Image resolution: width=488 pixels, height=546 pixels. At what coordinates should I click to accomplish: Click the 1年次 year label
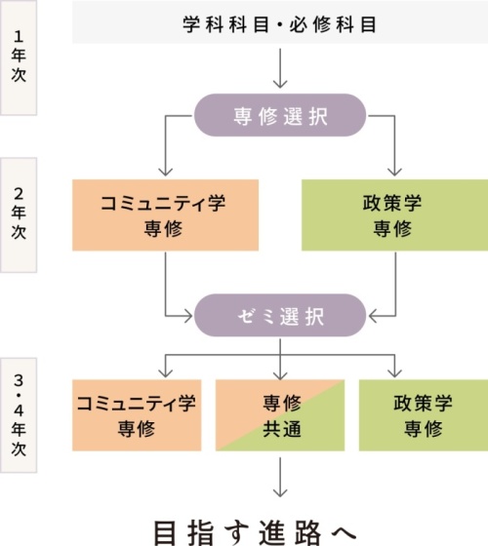click(x=19, y=58)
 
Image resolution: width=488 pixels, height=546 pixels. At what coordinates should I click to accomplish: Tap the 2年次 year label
click(x=19, y=214)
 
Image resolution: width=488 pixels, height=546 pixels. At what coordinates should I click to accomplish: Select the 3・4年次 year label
click(x=19, y=415)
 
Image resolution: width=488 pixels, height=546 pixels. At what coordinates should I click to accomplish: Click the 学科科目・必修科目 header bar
click(x=280, y=23)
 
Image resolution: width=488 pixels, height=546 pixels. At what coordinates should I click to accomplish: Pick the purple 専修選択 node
click(x=280, y=115)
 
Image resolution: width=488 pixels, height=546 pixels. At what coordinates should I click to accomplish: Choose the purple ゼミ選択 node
click(x=280, y=315)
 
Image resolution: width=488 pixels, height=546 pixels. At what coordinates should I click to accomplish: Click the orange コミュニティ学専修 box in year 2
click(x=165, y=214)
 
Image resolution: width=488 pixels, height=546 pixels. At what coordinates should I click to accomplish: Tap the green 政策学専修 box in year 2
click(x=394, y=214)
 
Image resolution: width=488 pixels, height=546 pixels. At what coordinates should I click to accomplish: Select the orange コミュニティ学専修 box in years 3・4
click(x=137, y=415)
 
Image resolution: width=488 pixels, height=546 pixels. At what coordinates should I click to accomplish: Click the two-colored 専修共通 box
click(x=280, y=415)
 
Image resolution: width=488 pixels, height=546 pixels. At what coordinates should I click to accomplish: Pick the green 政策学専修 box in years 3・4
click(x=424, y=415)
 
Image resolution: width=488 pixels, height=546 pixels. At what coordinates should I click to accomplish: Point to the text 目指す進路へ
click(x=255, y=532)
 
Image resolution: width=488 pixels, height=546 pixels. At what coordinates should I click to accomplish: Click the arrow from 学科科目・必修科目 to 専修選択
click(x=280, y=68)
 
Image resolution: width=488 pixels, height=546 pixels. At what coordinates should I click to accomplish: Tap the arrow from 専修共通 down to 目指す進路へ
click(x=280, y=478)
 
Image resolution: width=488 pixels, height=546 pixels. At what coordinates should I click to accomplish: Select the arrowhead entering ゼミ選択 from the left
click(x=188, y=316)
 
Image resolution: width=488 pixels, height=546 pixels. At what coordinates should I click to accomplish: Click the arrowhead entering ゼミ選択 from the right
click(x=372, y=316)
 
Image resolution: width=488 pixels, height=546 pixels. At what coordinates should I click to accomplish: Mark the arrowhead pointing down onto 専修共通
click(x=280, y=375)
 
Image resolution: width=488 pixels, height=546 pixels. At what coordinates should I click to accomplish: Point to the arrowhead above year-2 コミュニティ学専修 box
click(x=165, y=172)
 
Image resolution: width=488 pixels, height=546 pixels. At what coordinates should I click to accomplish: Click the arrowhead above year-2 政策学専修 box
click(x=394, y=172)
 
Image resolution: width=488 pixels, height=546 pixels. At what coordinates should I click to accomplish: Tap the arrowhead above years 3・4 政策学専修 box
click(x=394, y=373)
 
